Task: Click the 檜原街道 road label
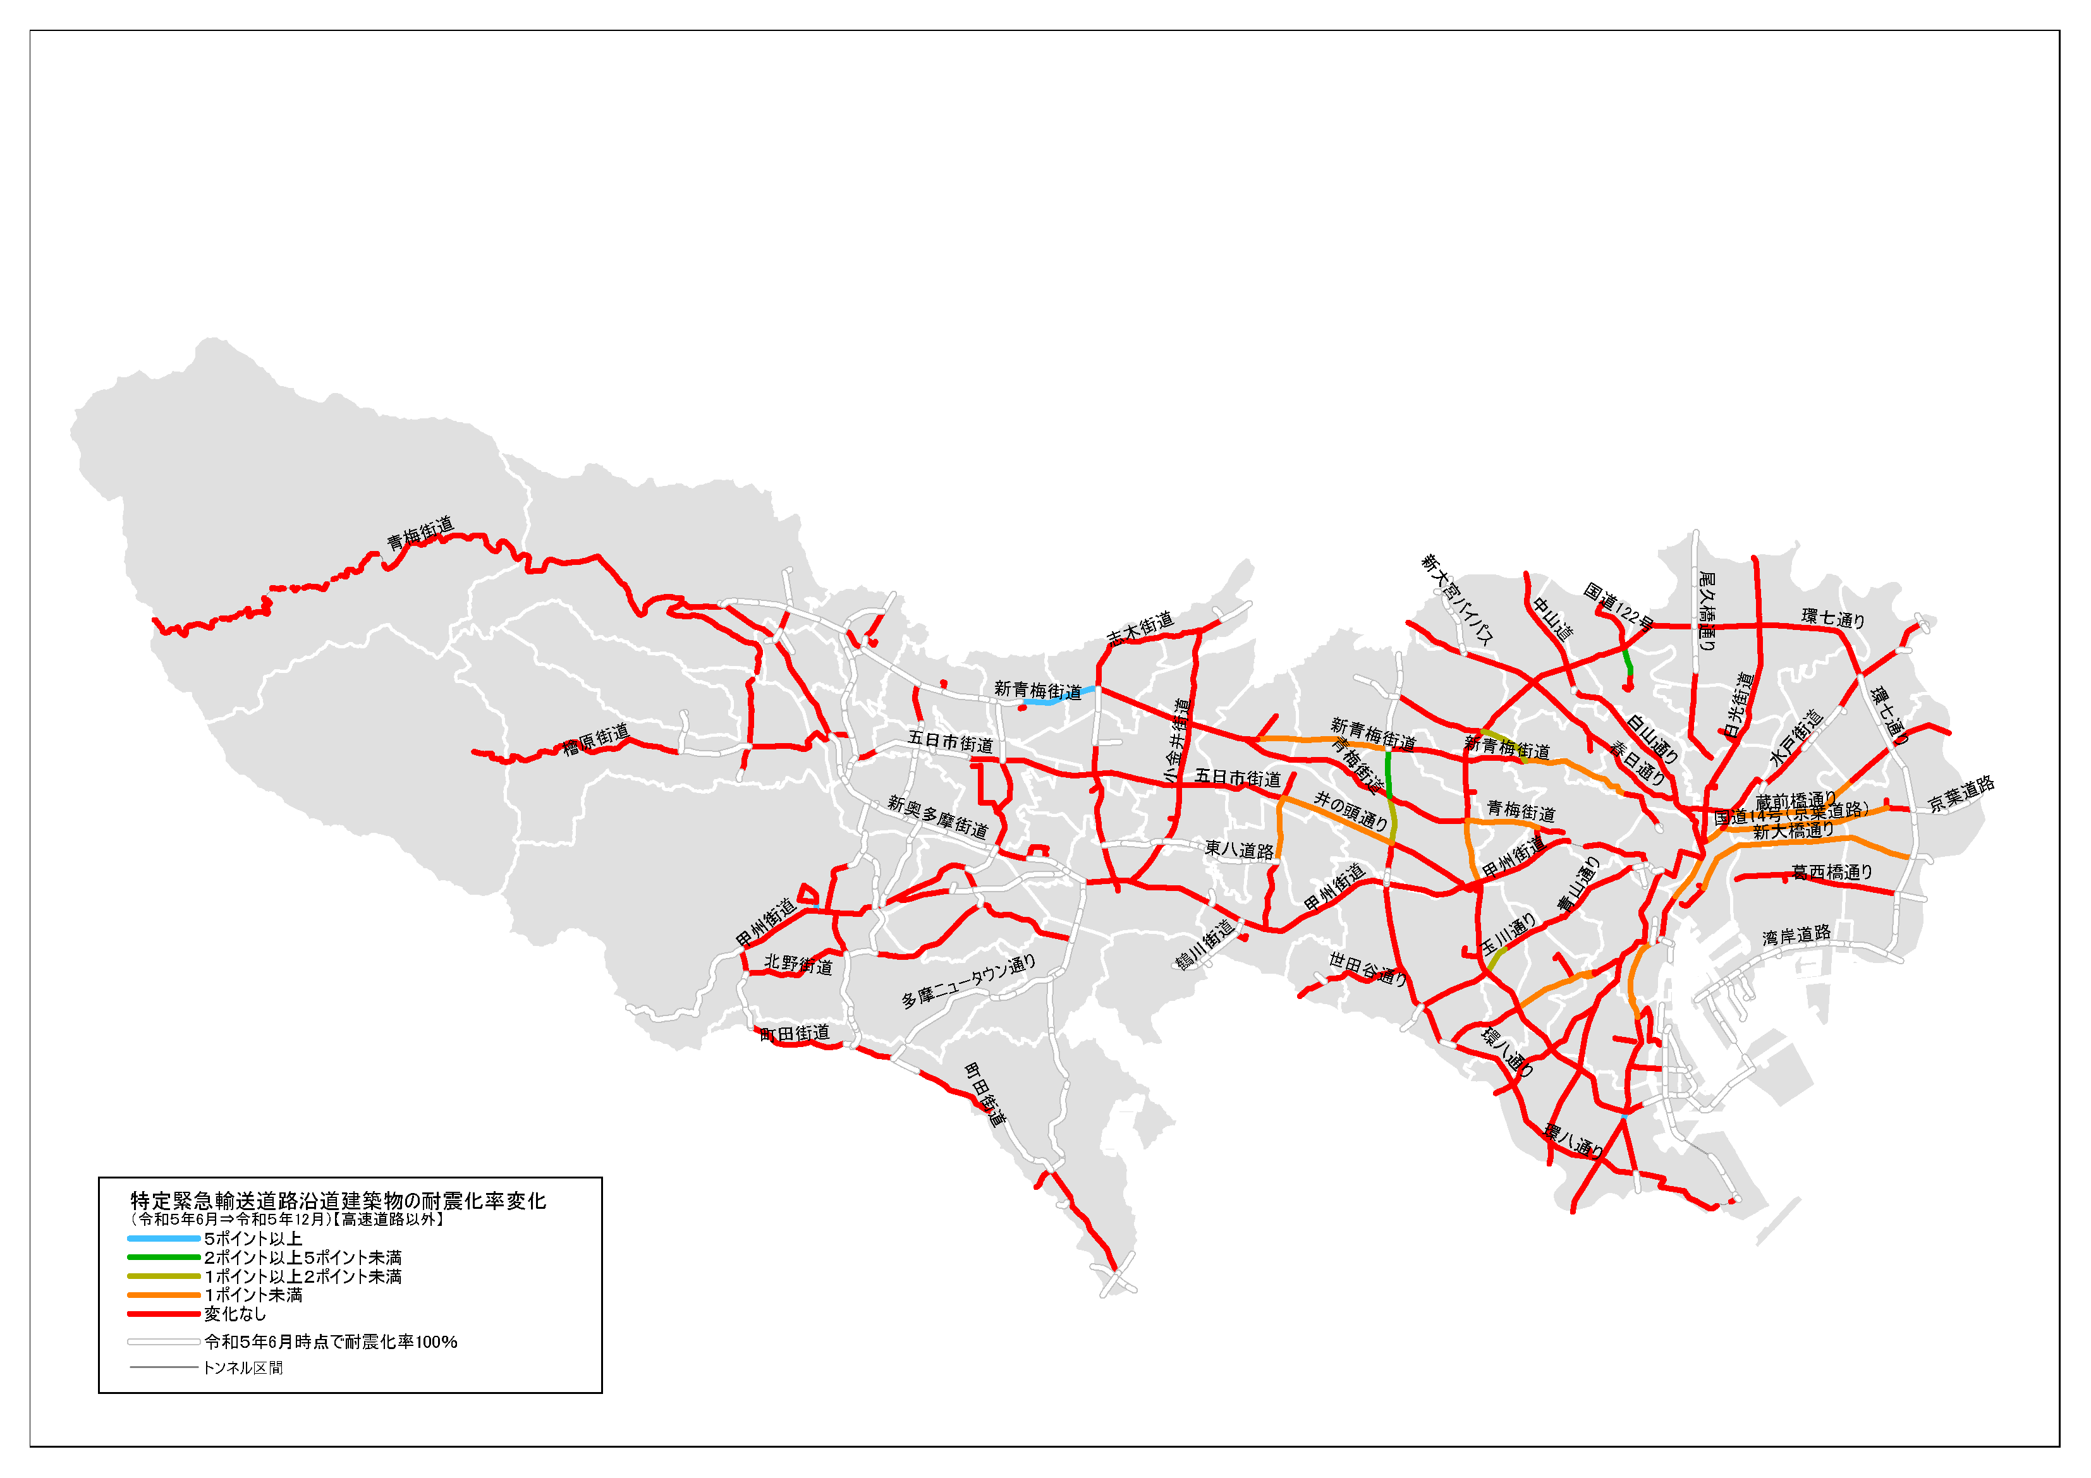point(597,739)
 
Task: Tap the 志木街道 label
point(1140,628)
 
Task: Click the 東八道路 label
point(1240,850)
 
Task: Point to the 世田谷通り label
point(1368,967)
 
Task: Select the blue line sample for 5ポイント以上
point(164,1239)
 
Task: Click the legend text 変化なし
point(235,1314)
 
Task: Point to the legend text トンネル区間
point(243,1368)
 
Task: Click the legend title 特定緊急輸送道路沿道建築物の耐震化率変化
point(338,1200)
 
